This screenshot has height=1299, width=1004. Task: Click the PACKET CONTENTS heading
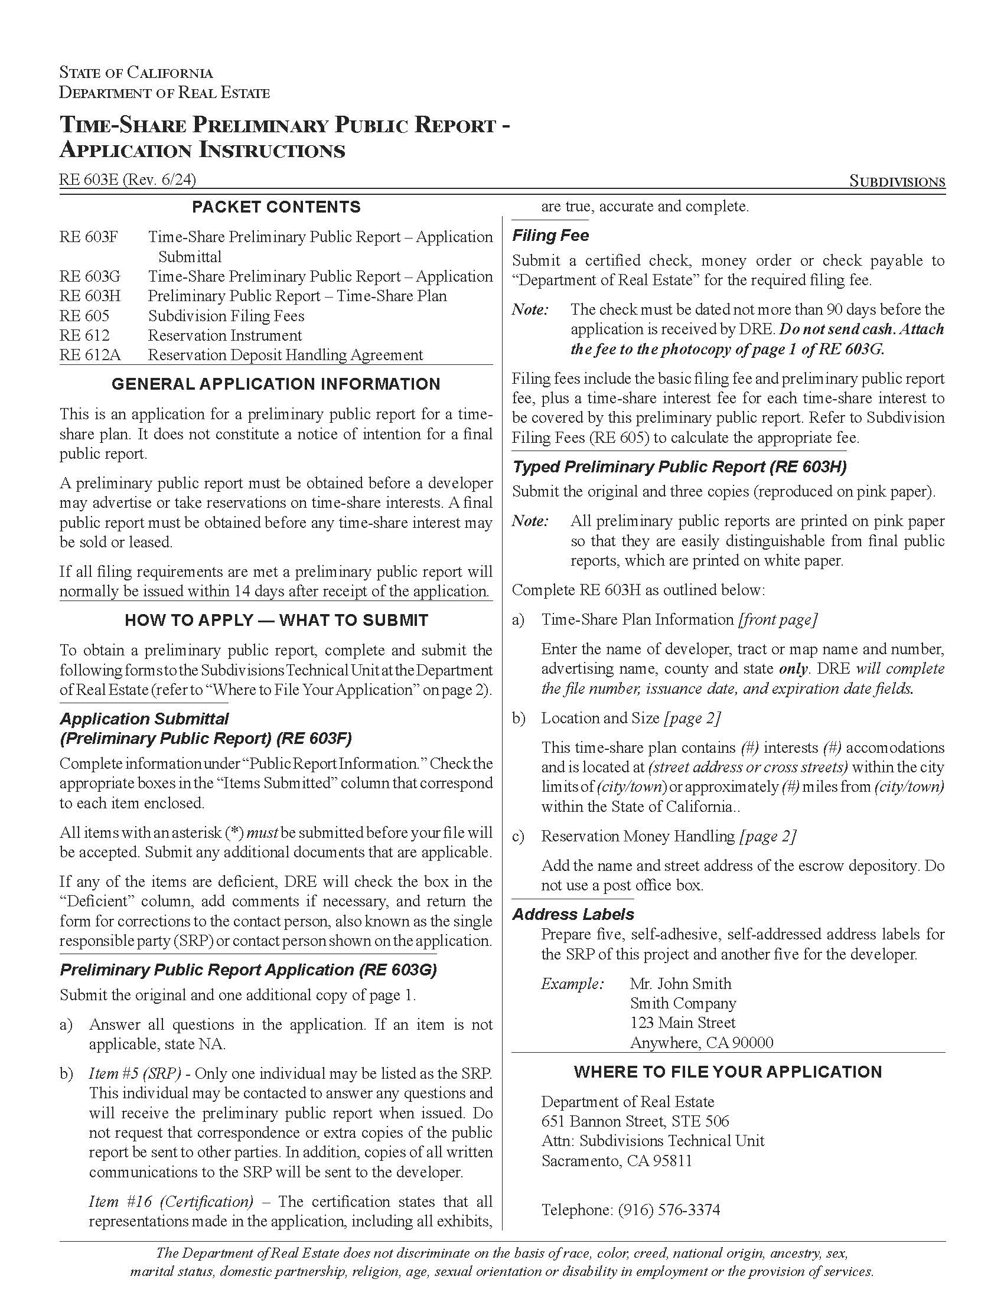(276, 207)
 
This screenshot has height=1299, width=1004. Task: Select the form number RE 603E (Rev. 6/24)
(128, 179)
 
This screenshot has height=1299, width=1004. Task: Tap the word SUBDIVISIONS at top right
(897, 181)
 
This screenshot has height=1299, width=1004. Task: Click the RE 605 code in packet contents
(84, 316)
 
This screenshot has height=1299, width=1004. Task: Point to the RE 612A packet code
(90, 355)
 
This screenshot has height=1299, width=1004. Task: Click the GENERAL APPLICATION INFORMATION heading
(276, 384)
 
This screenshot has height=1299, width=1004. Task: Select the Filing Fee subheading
(550, 236)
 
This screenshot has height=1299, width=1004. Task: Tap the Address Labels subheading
(573, 914)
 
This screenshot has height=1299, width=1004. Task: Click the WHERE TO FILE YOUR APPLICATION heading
(728, 1072)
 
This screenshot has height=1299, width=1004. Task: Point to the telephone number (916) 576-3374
(669, 1210)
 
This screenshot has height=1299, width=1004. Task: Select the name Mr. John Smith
(680, 984)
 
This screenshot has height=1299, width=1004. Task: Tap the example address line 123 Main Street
(682, 1023)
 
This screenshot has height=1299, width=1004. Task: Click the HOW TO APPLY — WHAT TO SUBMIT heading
(276, 621)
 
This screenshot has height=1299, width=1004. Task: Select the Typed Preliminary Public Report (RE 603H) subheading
(679, 467)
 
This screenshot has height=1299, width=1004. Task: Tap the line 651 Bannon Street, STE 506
(635, 1121)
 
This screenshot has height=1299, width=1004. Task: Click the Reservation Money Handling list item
(638, 836)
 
